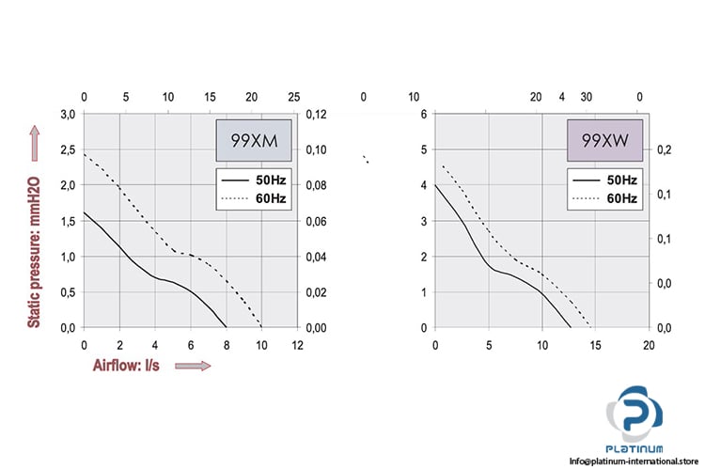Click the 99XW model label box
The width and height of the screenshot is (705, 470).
coord(603,142)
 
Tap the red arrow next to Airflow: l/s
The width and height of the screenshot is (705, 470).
coord(192,365)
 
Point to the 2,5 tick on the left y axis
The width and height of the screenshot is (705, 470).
coord(68,149)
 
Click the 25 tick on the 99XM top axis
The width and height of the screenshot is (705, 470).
coord(294,97)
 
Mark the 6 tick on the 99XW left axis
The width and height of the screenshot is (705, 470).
coord(423,114)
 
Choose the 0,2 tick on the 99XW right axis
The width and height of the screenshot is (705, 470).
coord(664,149)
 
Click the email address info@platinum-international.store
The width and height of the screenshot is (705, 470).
coord(636,460)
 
